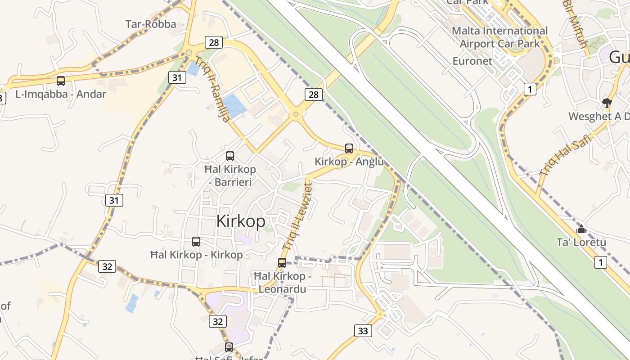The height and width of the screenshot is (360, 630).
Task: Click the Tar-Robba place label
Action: (x=151, y=24)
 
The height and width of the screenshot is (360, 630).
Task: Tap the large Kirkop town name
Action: (x=241, y=221)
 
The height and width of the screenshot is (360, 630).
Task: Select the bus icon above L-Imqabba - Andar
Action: (x=61, y=81)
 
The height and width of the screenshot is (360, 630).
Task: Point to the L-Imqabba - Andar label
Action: (x=61, y=94)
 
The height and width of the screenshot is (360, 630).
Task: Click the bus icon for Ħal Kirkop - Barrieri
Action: (x=230, y=156)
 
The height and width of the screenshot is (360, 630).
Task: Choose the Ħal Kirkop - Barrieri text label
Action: (x=230, y=175)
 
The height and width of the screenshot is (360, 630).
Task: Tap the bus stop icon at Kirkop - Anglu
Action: (x=349, y=148)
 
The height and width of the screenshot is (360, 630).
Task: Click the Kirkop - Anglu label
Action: (x=349, y=162)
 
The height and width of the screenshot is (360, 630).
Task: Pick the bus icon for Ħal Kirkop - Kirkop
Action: (x=196, y=242)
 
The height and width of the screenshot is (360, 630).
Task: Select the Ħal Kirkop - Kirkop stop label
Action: (x=196, y=255)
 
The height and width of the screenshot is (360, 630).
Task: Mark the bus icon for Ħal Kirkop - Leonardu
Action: (x=282, y=263)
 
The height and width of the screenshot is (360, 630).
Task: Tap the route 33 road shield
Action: (x=363, y=331)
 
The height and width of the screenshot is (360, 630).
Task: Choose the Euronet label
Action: (x=472, y=61)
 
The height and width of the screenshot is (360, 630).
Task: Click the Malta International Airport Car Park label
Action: (x=499, y=37)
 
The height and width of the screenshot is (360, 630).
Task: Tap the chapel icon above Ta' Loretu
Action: (x=581, y=229)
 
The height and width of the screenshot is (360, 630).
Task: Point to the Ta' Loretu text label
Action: (x=581, y=242)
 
